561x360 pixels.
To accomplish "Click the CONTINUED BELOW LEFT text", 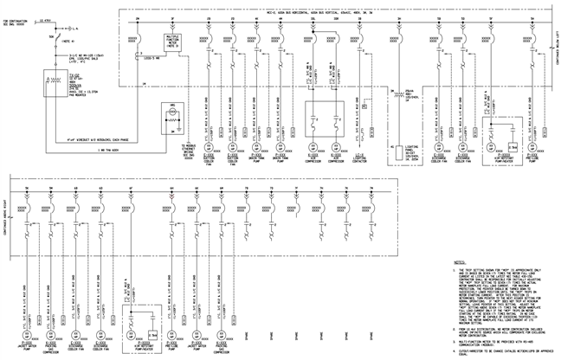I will (551, 40).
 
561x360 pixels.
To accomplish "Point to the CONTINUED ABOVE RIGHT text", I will (8, 209).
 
